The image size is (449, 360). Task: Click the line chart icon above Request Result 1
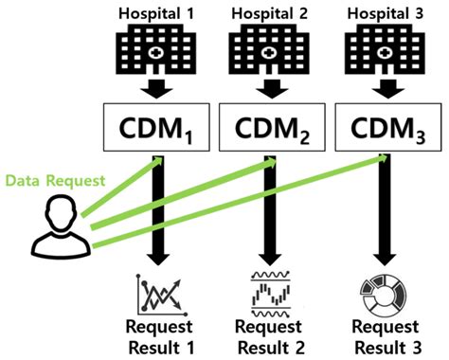(156, 295)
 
